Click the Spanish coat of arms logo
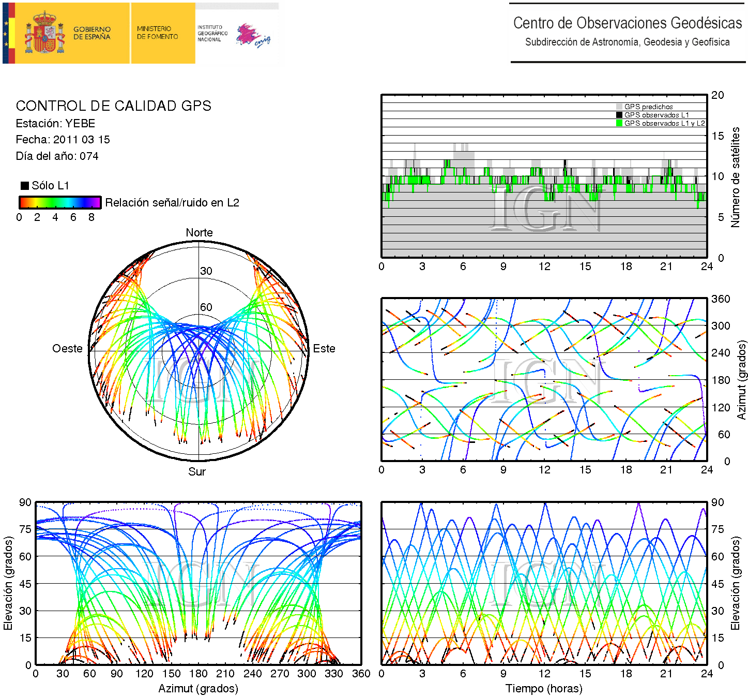coord(45,33)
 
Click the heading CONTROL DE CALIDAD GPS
coord(113,106)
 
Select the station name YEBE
coord(80,124)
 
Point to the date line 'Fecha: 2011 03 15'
coord(63,140)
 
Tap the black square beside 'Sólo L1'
coord(24,186)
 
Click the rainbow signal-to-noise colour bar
coord(60,202)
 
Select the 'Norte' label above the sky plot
coord(199,233)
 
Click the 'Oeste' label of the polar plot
coord(67,349)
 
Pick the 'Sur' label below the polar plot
coord(197,471)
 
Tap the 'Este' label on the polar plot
coord(324,349)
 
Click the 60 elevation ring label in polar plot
coord(206,307)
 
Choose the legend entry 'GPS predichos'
coord(648,107)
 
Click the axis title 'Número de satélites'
coord(735,177)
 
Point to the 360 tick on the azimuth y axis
coord(721,299)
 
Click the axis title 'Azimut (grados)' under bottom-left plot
coord(198,689)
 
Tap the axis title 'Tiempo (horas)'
coord(544,689)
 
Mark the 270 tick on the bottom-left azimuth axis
coord(280,674)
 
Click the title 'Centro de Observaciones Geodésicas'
coord(628,23)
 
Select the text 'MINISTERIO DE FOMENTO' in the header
coord(157,33)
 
